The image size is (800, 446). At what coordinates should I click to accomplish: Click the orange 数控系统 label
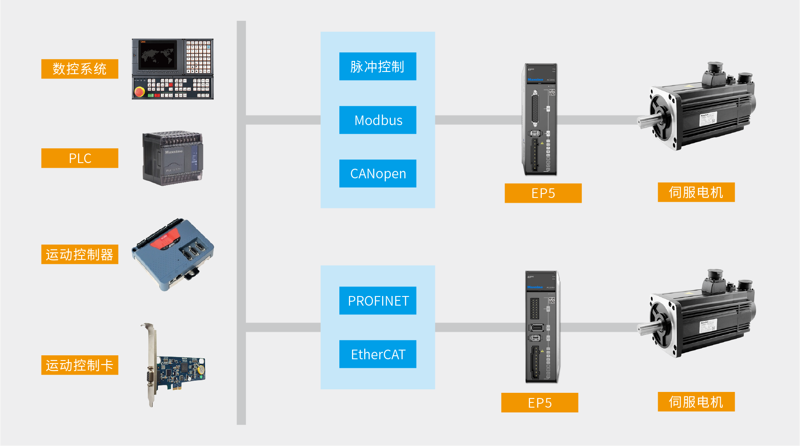(x=80, y=69)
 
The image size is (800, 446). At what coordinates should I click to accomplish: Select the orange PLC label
(x=80, y=158)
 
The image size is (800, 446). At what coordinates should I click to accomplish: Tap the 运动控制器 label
(x=80, y=254)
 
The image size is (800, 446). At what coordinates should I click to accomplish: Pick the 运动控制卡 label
(x=80, y=365)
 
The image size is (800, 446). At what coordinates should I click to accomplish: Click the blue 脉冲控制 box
(x=378, y=66)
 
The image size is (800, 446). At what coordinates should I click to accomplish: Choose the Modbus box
(x=378, y=120)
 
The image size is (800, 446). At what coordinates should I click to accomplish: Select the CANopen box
(x=378, y=174)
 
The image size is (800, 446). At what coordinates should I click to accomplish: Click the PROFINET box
(x=378, y=300)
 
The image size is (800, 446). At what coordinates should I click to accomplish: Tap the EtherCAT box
(x=378, y=354)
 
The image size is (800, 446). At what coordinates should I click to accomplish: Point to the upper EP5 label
(x=543, y=193)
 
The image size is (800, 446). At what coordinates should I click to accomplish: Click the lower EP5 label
(x=540, y=402)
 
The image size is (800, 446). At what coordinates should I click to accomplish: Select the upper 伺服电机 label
(x=696, y=192)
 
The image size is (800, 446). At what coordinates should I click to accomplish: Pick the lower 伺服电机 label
(x=696, y=402)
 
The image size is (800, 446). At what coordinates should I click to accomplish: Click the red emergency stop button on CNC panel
(x=140, y=92)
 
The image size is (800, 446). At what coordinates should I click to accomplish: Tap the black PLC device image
(x=173, y=158)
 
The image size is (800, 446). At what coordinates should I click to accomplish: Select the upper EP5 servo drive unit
(x=540, y=119)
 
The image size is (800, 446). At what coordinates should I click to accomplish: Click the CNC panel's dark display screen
(x=158, y=55)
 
